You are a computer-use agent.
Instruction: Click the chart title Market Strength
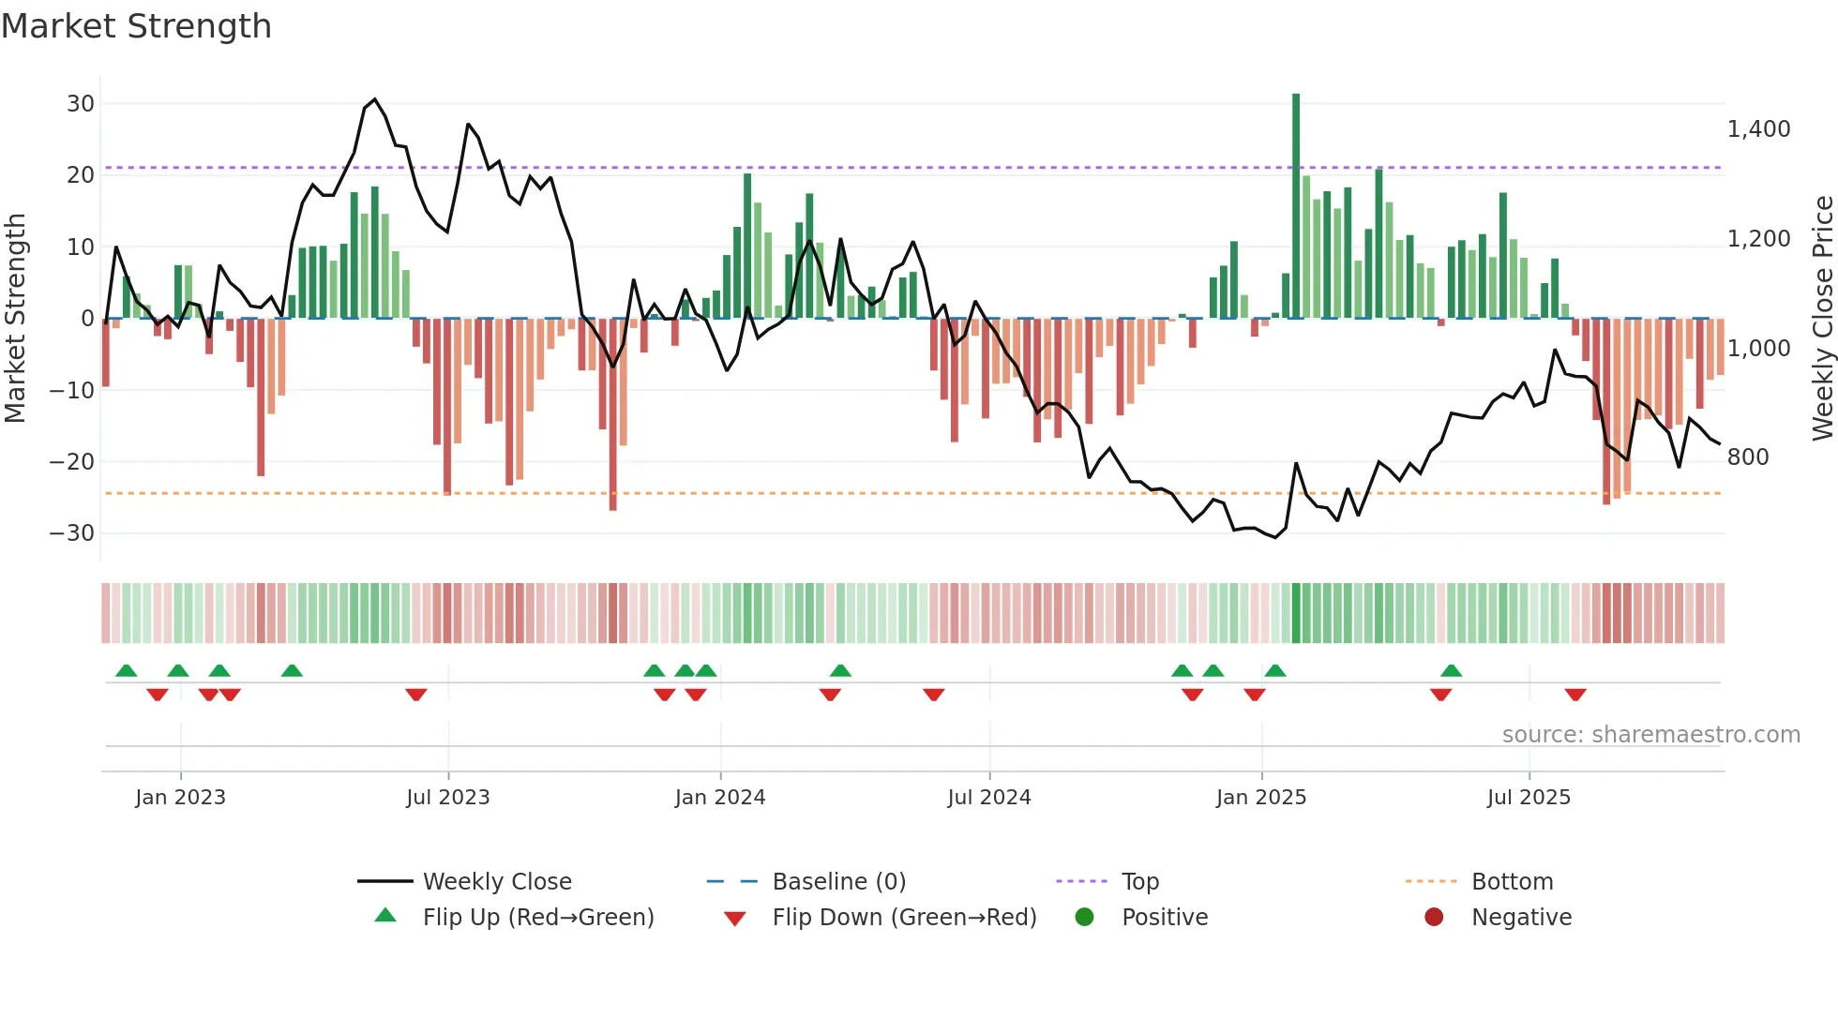(136, 26)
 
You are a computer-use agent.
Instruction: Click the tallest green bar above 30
(1296, 206)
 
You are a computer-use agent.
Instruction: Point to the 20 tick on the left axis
(80, 175)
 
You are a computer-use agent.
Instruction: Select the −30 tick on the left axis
(72, 533)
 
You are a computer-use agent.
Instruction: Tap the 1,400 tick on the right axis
(1758, 129)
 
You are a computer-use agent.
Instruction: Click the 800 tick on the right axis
(1747, 457)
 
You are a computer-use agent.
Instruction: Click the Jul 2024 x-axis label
(988, 798)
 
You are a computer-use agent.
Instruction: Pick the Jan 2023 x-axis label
(180, 798)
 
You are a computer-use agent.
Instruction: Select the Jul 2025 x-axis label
(1529, 798)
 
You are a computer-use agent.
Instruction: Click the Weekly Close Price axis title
(1822, 319)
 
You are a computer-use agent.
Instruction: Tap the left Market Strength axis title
(15, 319)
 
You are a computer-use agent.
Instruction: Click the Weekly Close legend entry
(496, 882)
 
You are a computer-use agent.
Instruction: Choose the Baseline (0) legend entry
(838, 882)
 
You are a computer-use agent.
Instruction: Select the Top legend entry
(1140, 882)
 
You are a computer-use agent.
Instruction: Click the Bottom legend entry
(1512, 882)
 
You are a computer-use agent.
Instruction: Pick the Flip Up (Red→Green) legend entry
(537, 918)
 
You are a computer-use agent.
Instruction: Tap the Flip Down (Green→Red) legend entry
(904, 918)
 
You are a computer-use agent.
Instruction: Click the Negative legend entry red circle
(1434, 918)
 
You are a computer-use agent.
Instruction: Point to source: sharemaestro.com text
(1650, 735)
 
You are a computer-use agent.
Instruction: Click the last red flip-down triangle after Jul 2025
(1575, 695)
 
